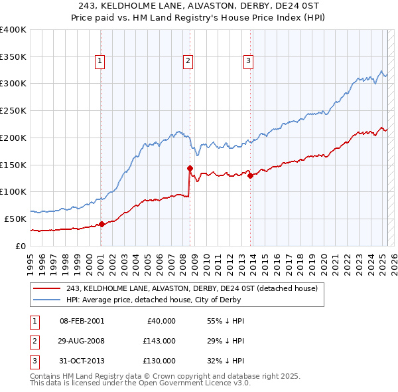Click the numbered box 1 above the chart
(x=99, y=61)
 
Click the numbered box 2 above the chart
(x=188, y=61)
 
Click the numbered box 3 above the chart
(x=248, y=61)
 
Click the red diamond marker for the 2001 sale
(x=101, y=224)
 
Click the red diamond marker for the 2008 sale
(x=190, y=168)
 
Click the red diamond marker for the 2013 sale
(x=250, y=175)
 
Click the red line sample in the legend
(x=48, y=288)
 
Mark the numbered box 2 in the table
(x=33, y=341)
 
